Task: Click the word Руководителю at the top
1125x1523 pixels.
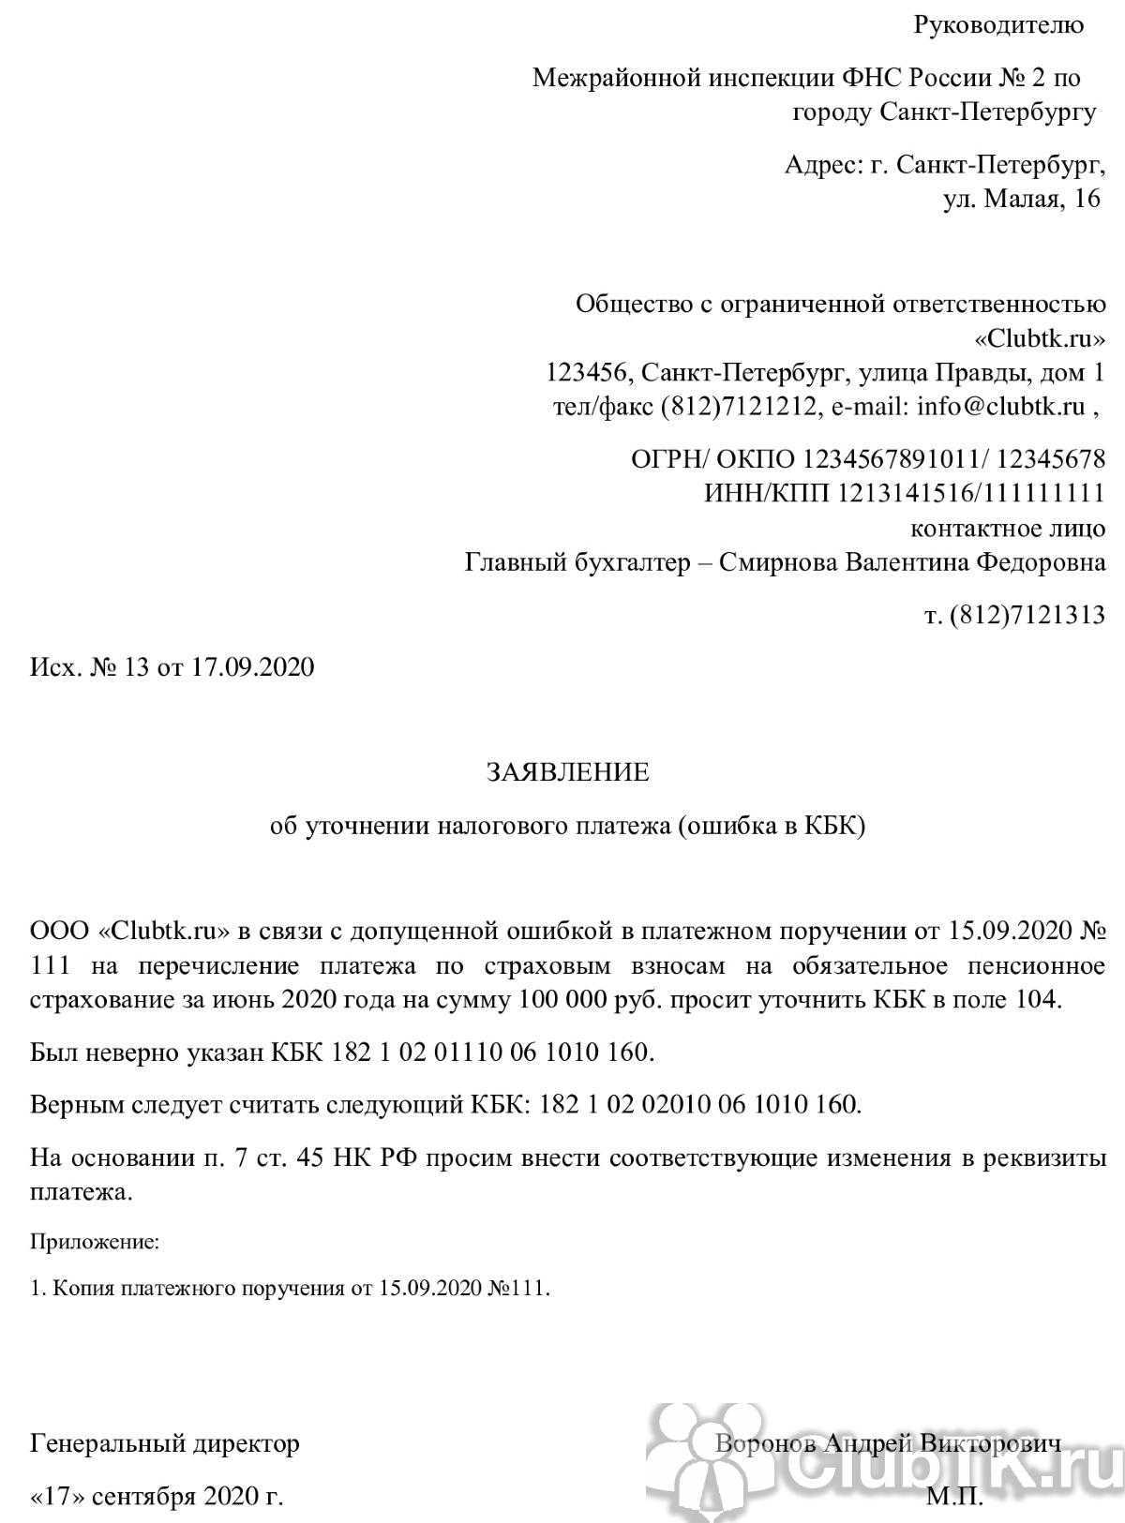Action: pyautogui.click(x=998, y=26)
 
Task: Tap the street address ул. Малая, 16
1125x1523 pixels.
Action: pyautogui.click(x=1021, y=199)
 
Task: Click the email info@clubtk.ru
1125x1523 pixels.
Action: pyautogui.click(x=1000, y=407)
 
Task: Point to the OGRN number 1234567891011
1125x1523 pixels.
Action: pyautogui.click(x=893, y=459)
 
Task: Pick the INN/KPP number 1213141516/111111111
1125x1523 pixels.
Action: pyautogui.click(x=971, y=493)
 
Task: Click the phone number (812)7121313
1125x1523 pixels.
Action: pyautogui.click(x=1027, y=615)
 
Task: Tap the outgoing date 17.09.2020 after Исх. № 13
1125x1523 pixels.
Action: pyautogui.click(x=253, y=667)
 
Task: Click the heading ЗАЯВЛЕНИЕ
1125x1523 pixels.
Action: pyautogui.click(x=567, y=772)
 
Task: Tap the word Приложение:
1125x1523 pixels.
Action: pyautogui.click(x=95, y=1243)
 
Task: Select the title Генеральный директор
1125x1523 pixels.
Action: pyautogui.click(x=165, y=1442)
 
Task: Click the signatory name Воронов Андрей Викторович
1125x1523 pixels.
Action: pyautogui.click(x=888, y=1442)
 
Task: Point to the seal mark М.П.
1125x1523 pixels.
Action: pyautogui.click(x=955, y=1496)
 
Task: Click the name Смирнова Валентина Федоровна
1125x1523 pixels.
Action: pyautogui.click(x=911, y=562)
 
